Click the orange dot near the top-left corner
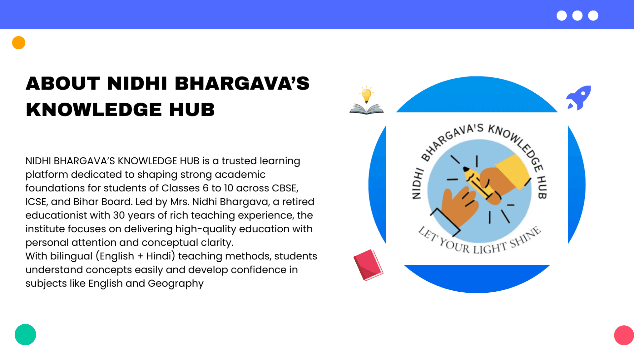pyautogui.click(x=19, y=43)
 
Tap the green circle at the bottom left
pyautogui.click(x=25, y=335)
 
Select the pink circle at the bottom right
pyautogui.click(x=624, y=335)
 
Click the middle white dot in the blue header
pyautogui.click(x=577, y=16)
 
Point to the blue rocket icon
pyautogui.click(x=579, y=98)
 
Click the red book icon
pyautogui.click(x=368, y=265)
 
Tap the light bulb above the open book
pyautogui.click(x=367, y=95)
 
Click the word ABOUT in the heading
pyautogui.click(x=63, y=83)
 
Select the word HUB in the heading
pyautogui.click(x=192, y=110)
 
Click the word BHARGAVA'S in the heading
pyautogui.click(x=242, y=83)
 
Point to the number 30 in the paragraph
pyautogui.click(x=119, y=215)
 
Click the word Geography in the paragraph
pyautogui.click(x=176, y=284)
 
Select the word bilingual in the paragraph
pyautogui.click(x=71, y=256)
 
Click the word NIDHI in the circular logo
pyautogui.click(x=418, y=183)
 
